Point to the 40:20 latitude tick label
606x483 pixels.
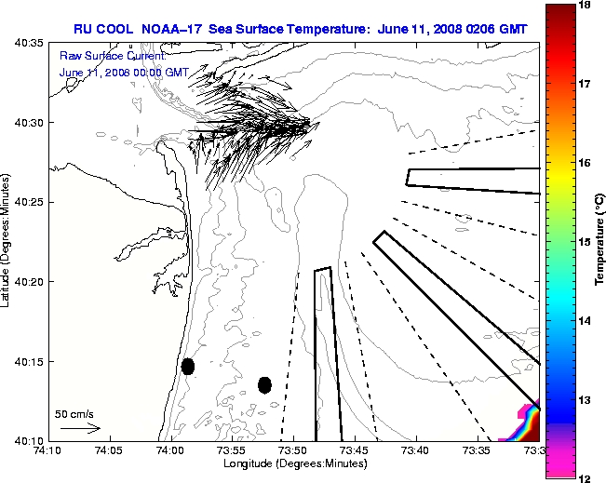[x=29, y=282]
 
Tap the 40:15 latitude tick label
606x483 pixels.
[x=29, y=361]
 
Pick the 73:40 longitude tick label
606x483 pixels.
[x=415, y=450]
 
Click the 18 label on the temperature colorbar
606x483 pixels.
[x=586, y=6]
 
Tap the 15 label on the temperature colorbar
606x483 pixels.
[x=586, y=242]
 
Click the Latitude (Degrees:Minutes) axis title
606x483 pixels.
[x=7, y=240]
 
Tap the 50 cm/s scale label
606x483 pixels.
[x=74, y=413]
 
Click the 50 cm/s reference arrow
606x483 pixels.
[x=80, y=428]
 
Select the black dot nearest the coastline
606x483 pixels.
[x=188, y=366]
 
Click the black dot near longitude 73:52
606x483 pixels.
[x=264, y=384]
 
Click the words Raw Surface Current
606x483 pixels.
[x=100, y=57]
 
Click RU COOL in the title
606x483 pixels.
[x=103, y=29]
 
